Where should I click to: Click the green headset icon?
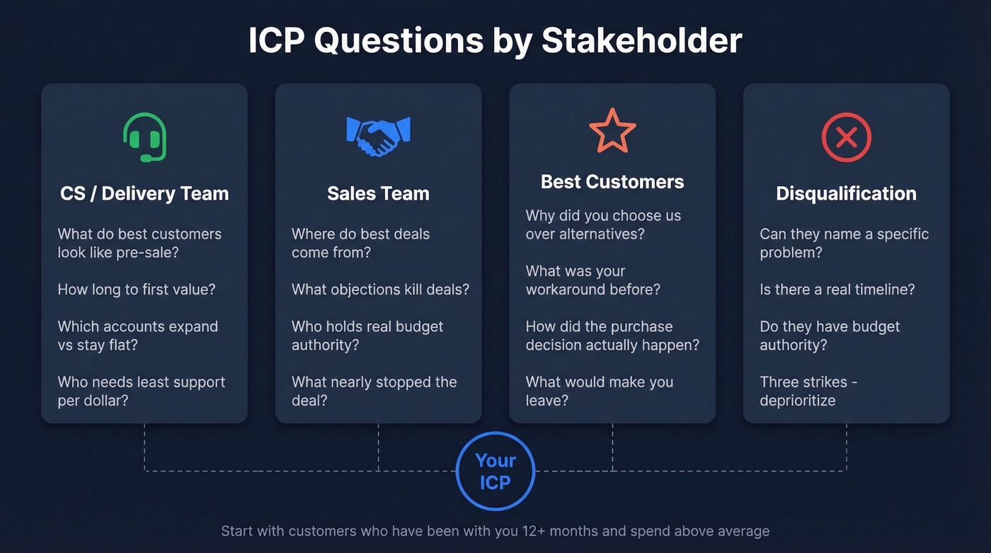point(145,137)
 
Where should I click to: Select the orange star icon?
point(612,131)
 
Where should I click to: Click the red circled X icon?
point(846,137)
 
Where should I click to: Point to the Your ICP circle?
point(495,472)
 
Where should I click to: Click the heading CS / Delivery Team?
point(144,193)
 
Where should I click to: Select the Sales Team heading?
point(378,193)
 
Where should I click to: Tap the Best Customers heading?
point(612,182)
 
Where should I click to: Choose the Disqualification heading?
point(846,193)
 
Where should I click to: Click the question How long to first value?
point(137,289)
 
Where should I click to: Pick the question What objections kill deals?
point(380,289)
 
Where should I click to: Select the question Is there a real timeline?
point(837,289)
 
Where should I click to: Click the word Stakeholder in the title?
point(641,41)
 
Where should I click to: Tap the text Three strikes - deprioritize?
point(808,391)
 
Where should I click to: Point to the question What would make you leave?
point(599,391)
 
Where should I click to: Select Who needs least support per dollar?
point(141,391)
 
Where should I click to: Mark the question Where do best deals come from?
point(360,243)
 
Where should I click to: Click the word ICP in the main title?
point(276,41)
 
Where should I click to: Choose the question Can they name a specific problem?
point(844,243)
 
